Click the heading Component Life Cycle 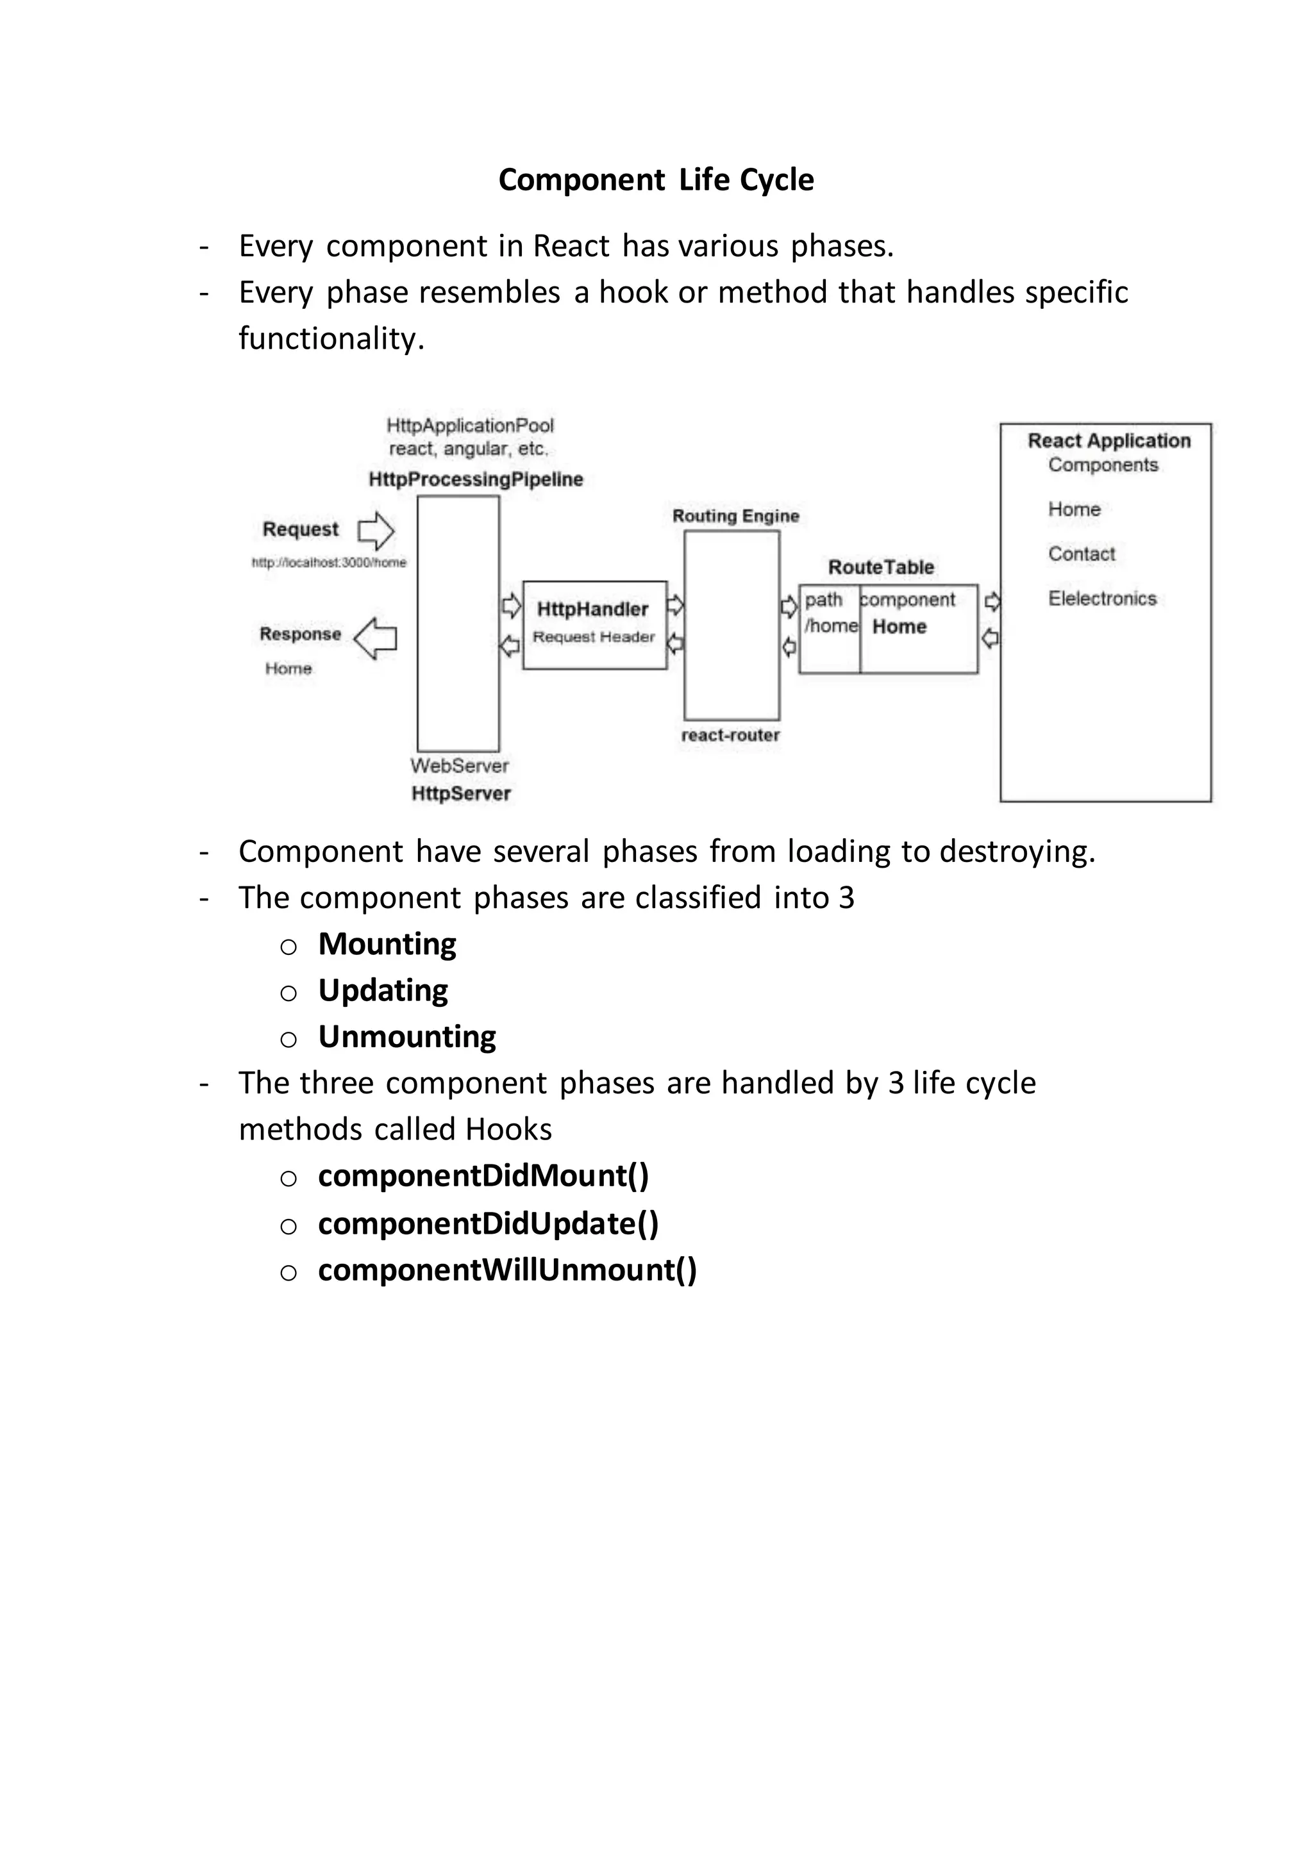[x=656, y=179]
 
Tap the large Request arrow [x=376, y=531]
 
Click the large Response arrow [x=376, y=638]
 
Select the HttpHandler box [x=594, y=624]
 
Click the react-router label [x=730, y=735]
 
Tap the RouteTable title [x=880, y=567]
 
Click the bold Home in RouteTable [x=899, y=627]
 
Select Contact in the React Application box [x=1081, y=554]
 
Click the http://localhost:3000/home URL [x=329, y=563]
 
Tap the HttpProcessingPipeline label [x=476, y=479]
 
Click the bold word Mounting [x=387, y=944]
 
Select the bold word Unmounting [x=406, y=1036]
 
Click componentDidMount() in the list [x=483, y=1176]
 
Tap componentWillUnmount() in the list [x=507, y=1270]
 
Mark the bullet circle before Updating [x=289, y=993]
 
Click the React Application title [x=1108, y=440]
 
